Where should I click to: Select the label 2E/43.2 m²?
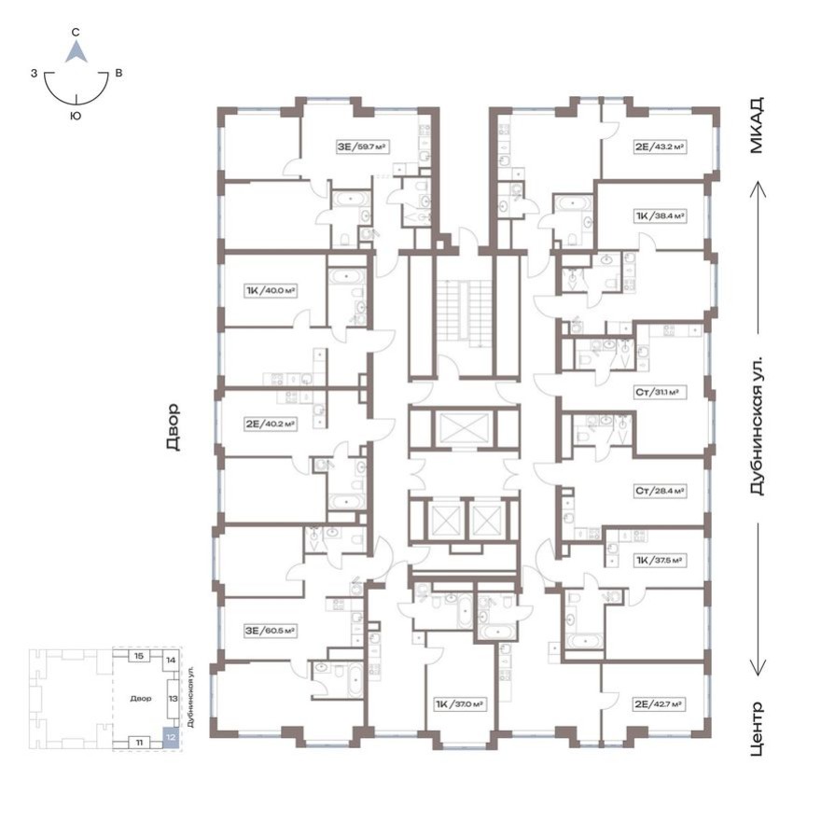[661, 146]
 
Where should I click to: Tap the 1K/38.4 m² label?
[661, 215]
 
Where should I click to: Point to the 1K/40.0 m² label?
[271, 290]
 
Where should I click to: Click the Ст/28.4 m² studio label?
[660, 489]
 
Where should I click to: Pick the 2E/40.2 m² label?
[271, 423]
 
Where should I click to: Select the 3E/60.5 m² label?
[271, 631]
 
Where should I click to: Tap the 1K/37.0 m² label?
[459, 705]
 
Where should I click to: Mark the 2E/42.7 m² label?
[660, 705]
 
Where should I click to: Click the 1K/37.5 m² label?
[660, 561]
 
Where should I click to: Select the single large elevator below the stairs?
[464, 429]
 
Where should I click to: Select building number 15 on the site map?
[138, 657]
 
